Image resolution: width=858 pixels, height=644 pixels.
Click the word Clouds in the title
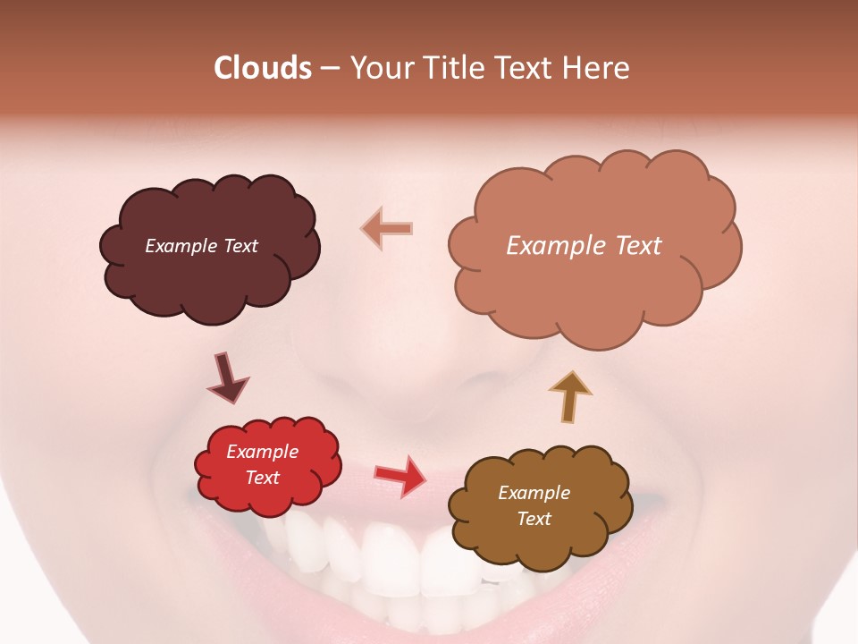click(x=262, y=68)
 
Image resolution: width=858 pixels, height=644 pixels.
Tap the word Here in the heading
click(x=599, y=68)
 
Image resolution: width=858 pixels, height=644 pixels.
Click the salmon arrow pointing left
click(x=387, y=229)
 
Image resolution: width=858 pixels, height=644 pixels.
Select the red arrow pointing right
click(x=400, y=475)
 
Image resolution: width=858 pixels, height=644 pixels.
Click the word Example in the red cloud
click(x=262, y=452)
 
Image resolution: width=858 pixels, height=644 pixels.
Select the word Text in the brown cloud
click(x=534, y=519)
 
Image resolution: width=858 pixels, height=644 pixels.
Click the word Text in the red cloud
click(x=262, y=478)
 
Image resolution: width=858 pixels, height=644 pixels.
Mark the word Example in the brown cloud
click(x=534, y=493)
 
